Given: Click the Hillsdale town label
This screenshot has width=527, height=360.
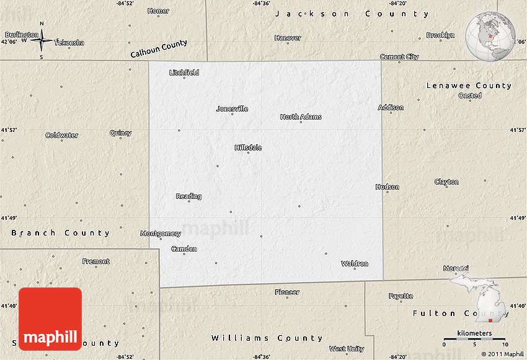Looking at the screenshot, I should pos(248,147).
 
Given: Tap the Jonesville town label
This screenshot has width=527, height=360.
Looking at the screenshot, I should pos(232,108).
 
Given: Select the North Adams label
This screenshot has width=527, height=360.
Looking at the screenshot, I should pos(301,116).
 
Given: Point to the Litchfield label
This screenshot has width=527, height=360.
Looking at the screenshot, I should pos(184,72).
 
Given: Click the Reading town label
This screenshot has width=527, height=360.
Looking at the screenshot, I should pos(188,196).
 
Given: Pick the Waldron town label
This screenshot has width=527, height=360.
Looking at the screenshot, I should pos(355,263).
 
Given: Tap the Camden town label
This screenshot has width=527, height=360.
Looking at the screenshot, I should pos(184,249).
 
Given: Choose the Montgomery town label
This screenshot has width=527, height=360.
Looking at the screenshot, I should pos(161,234).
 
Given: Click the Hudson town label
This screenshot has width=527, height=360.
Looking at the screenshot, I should pos(387,187).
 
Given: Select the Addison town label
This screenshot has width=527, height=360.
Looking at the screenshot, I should pos(391,107).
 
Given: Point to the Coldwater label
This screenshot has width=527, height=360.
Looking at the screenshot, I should pos(62,135).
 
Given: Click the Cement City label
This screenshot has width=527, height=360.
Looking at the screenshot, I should pos(399,57).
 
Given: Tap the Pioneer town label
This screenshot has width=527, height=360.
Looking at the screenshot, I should pos(287,292).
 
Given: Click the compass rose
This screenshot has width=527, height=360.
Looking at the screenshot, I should pos(42,41).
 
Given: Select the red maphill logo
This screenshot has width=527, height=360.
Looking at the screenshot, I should pos(50,319).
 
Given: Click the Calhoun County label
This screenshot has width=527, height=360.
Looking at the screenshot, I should pos(159,50).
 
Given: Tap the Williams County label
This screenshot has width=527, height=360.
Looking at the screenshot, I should pos(267,338).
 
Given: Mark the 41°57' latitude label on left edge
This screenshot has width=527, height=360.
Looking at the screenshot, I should pos(9,130).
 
